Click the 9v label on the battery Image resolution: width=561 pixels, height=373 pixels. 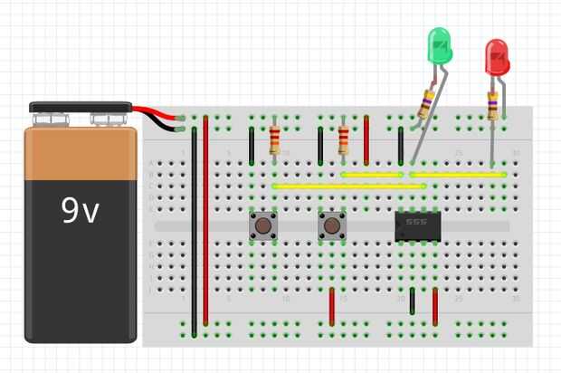click(x=80, y=210)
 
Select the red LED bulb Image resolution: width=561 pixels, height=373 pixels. click(x=497, y=58)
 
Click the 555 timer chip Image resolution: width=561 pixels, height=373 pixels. click(x=417, y=225)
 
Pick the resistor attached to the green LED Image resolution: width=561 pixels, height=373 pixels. click(x=426, y=104)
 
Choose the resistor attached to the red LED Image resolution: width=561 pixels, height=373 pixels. click(x=493, y=104)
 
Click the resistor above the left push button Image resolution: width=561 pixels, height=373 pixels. click(x=275, y=140)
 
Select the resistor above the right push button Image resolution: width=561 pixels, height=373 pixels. click(x=344, y=140)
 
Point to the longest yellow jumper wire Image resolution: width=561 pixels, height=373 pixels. click(x=348, y=186)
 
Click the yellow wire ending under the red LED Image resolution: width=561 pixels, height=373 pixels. click(x=458, y=174)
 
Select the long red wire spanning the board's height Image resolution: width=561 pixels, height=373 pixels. click(x=206, y=222)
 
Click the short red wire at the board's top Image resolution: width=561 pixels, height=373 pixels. click(x=366, y=139)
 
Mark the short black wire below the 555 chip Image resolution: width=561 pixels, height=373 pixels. click(x=413, y=301)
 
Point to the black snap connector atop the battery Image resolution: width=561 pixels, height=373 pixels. click(x=81, y=107)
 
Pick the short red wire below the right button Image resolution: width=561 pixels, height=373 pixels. click(x=332, y=306)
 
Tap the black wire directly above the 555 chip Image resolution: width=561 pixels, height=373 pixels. click(x=401, y=145)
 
